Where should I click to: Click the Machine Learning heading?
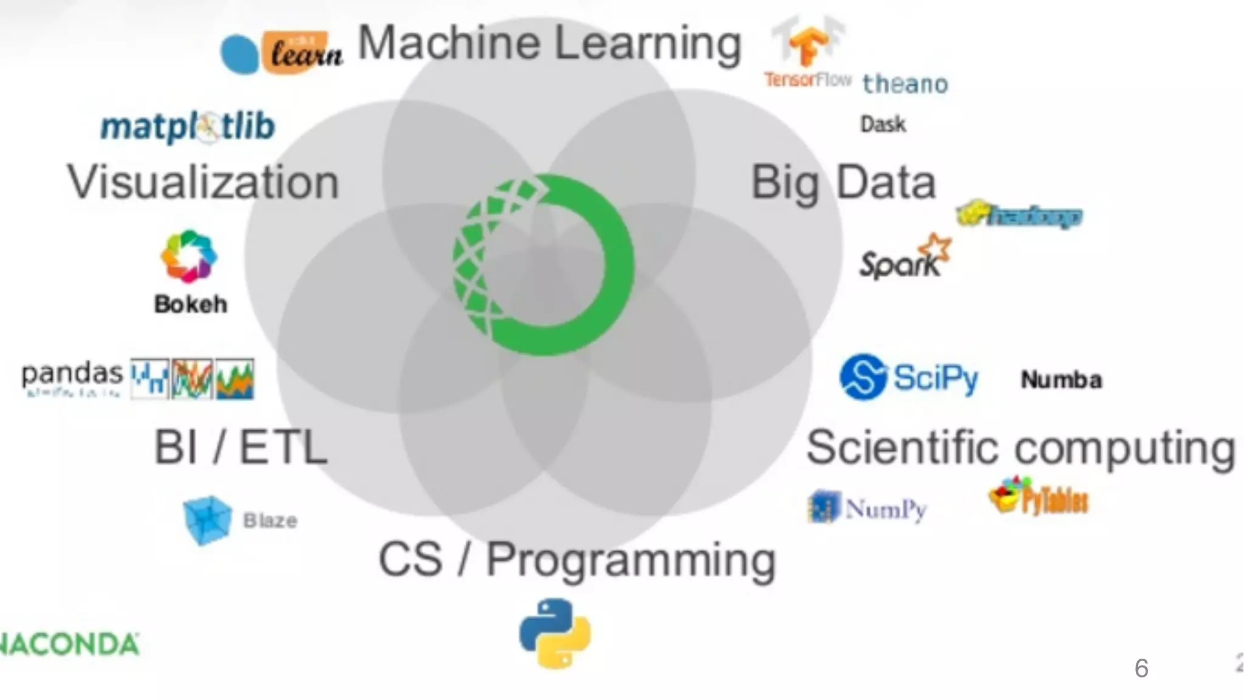[549, 44]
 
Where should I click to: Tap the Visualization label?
[203, 182]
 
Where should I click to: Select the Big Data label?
[843, 182]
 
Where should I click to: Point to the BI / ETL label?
[241, 447]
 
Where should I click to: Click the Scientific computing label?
[1020, 448]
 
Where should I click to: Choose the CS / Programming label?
[577, 560]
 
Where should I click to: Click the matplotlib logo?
[188, 126]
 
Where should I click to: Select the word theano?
[905, 84]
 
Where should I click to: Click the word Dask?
[883, 125]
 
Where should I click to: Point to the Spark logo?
[904, 258]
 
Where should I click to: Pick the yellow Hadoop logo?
[1020, 215]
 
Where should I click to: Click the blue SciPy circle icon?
[863, 377]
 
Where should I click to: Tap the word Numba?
[1061, 380]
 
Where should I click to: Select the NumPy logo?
[867, 507]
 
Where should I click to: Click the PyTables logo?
[1039, 498]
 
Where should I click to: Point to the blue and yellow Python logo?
[555, 633]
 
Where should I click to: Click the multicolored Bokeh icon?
[188, 256]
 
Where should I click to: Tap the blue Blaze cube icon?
[207, 520]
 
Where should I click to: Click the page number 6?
[1141, 668]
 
